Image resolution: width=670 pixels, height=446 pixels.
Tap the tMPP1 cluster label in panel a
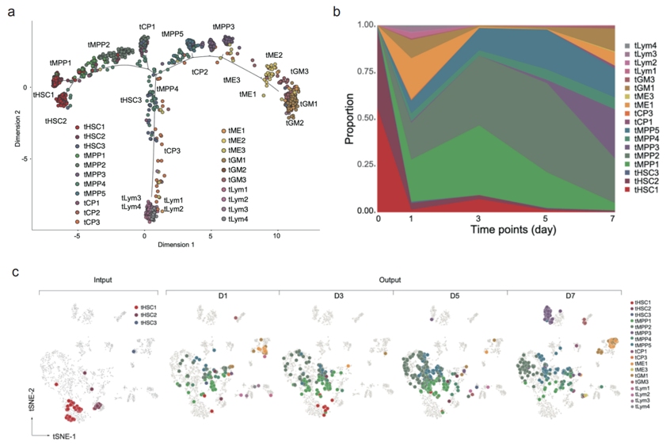tap(60, 62)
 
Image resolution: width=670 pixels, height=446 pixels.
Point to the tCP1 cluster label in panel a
tap(147, 26)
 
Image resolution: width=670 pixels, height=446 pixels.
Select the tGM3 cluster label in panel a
tap(299, 71)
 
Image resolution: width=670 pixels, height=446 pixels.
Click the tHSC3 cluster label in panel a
tap(131, 101)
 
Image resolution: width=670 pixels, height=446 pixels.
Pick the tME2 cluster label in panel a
tap(274, 55)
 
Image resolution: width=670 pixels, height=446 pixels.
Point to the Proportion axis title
tap(349, 119)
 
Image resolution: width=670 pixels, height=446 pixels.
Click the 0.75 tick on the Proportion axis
tap(365, 71)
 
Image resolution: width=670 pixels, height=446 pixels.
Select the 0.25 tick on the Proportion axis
tap(365, 164)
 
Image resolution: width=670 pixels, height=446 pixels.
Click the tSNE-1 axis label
tap(67, 436)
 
